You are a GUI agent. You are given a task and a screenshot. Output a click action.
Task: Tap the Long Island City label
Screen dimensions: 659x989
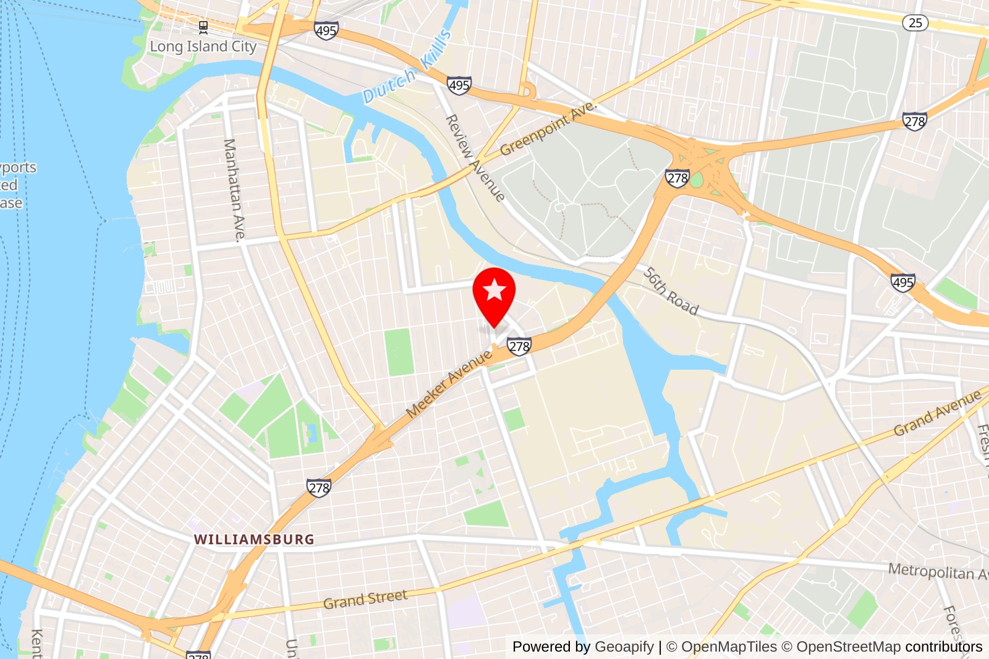(203, 47)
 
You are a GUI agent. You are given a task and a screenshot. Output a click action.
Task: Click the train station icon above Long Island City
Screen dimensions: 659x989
(203, 27)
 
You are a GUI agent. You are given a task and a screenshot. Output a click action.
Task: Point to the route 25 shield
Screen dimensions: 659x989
(915, 23)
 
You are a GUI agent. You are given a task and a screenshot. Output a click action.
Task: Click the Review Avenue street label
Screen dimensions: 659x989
(475, 158)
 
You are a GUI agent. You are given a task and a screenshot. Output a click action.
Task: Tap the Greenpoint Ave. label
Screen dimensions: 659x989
(548, 128)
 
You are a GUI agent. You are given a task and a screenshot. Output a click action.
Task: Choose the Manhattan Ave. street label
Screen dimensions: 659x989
(234, 189)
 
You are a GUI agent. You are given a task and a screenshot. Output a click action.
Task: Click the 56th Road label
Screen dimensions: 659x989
(671, 291)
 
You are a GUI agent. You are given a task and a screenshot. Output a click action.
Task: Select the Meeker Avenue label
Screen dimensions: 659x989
(449, 383)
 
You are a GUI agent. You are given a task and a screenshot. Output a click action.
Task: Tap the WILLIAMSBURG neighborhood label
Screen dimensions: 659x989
(254, 540)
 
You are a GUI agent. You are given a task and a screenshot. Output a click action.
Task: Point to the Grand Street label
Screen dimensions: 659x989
(365, 599)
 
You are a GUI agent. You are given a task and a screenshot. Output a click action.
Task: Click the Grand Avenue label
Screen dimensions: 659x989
(937, 412)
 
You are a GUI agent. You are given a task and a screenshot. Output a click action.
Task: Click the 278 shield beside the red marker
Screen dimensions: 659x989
(519, 346)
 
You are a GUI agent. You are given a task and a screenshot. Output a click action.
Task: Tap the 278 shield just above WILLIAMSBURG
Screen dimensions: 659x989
(319, 488)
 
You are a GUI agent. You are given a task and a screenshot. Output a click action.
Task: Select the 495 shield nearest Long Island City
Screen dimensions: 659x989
(326, 30)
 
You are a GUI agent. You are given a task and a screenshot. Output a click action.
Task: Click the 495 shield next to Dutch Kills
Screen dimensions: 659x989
(459, 85)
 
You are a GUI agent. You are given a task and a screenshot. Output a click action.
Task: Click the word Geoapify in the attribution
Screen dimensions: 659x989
(624, 647)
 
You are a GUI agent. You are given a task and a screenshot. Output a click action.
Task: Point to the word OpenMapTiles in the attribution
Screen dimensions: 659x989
(729, 647)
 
